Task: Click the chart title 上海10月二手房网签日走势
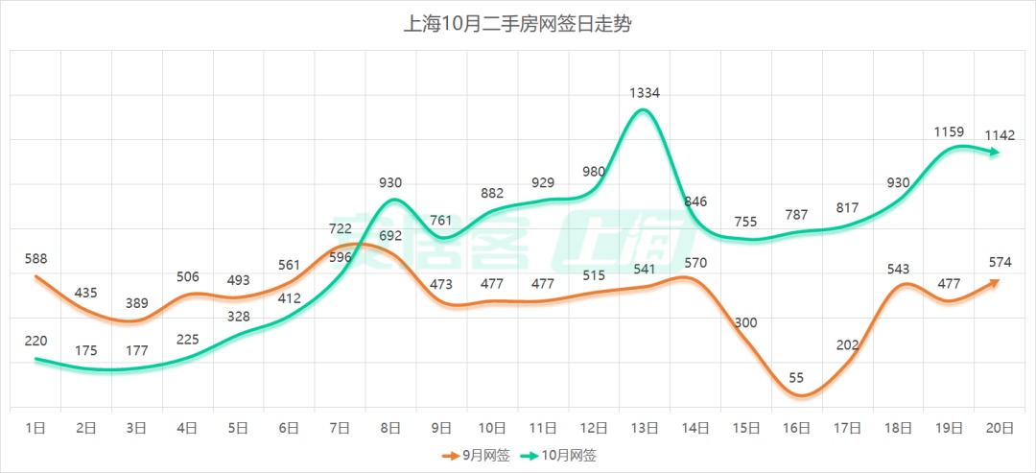(x=517, y=23)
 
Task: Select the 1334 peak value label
(x=644, y=93)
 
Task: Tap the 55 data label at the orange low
(x=796, y=378)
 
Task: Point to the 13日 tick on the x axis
(x=644, y=428)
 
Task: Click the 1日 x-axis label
(x=35, y=428)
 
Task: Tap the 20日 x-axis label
(x=1000, y=428)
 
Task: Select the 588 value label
(x=35, y=258)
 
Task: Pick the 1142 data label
(x=1000, y=135)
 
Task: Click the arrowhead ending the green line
(x=996, y=152)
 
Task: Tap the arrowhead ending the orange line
(x=995, y=281)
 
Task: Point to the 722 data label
(x=341, y=228)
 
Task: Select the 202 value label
(x=847, y=345)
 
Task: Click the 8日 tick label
(x=390, y=428)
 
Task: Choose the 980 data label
(x=594, y=172)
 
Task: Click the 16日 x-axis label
(x=796, y=428)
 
